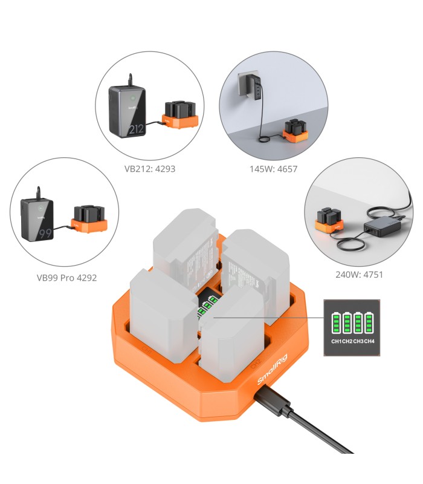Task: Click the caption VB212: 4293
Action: tap(150, 169)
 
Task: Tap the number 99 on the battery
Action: tap(44, 233)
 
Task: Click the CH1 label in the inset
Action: tap(337, 341)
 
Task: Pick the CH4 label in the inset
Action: tap(369, 341)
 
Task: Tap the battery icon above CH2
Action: tap(347, 322)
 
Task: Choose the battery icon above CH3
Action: tap(358, 322)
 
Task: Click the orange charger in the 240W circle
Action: tap(330, 223)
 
